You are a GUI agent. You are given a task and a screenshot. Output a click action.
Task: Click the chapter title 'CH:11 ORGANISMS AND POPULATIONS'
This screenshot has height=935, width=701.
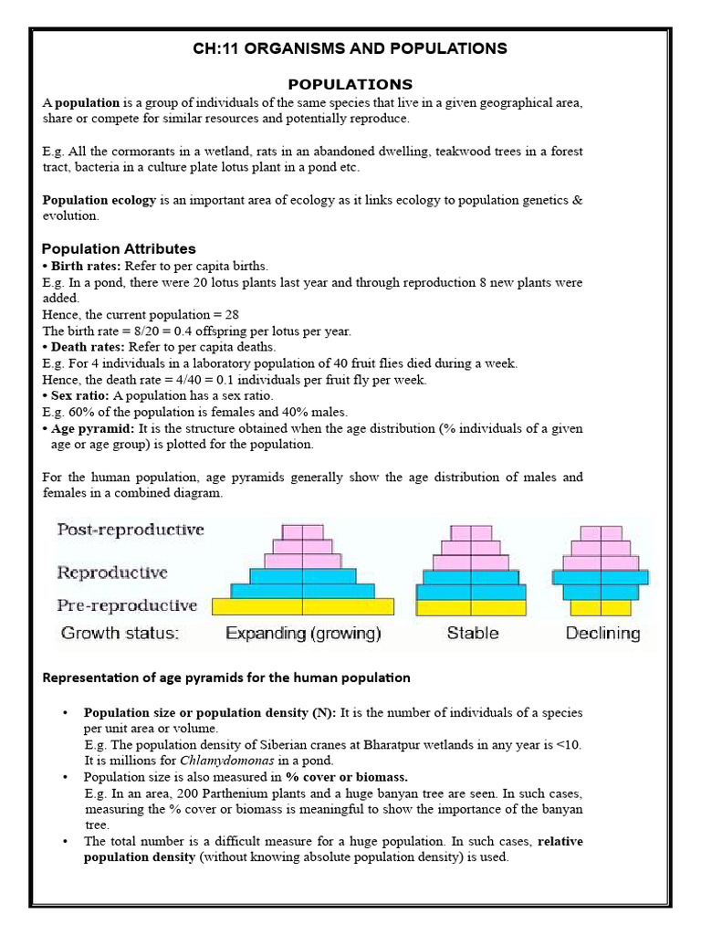coord(350,48)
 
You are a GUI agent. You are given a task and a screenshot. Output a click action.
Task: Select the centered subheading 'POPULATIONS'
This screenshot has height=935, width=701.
coord(350,84)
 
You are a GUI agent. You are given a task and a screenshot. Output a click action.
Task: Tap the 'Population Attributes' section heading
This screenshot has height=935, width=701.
coord(119,248)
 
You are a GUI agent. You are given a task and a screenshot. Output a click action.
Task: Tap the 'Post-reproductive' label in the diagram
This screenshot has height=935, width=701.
coord(131,530)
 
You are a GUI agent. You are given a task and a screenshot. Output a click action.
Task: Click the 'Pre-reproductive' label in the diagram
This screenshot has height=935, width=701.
coord(127,604)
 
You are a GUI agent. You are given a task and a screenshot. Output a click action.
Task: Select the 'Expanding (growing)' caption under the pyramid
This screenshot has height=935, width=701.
coord(303,633)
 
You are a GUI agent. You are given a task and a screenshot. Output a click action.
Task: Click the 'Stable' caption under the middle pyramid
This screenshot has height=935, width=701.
coord(472,633)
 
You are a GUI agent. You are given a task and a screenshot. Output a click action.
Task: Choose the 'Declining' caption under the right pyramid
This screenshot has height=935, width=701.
coord(602,633)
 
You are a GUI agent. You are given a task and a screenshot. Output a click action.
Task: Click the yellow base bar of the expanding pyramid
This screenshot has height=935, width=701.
coord(303,606)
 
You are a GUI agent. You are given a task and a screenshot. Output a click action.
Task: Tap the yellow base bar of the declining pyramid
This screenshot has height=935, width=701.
coord(601,607)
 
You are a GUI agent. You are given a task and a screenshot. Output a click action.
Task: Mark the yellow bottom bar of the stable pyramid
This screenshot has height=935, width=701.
coord(471,607)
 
